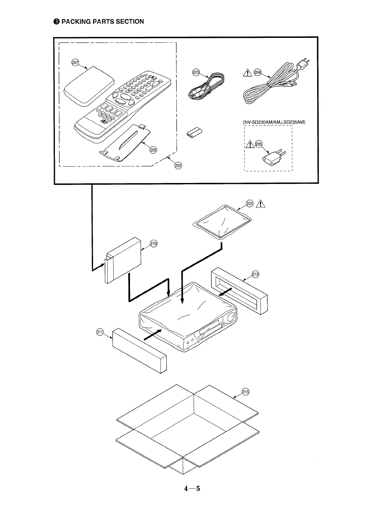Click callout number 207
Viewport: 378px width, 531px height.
tap(75, 62)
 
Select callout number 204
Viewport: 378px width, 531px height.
tap(257, 73)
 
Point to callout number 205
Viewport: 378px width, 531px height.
tap(258, 144)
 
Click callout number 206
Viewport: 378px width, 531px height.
tap(153, 150)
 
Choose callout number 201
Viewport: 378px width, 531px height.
tap(250, 203)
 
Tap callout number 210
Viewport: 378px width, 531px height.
tap(153, 244)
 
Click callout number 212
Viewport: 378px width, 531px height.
tap(255, 274)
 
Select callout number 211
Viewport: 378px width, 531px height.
tap(100, 332)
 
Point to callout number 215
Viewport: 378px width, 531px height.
tap(245, 392)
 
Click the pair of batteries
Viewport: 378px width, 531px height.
tap(194, 133)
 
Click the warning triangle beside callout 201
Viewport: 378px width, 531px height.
tap(261, 204)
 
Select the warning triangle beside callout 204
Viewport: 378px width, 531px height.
tap(248, 73)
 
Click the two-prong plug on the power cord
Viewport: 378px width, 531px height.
tap(304, 63)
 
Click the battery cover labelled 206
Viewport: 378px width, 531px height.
tap(126, 142)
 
